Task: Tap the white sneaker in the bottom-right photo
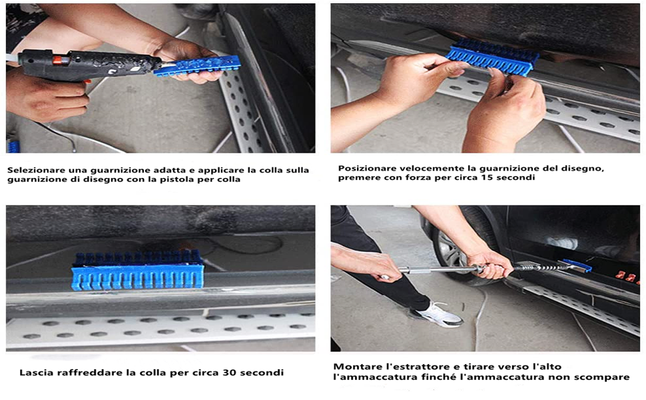(437, 314)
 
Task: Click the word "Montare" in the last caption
(354, 366)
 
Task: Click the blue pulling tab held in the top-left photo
(197, 66)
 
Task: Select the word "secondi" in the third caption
(262, 373)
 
